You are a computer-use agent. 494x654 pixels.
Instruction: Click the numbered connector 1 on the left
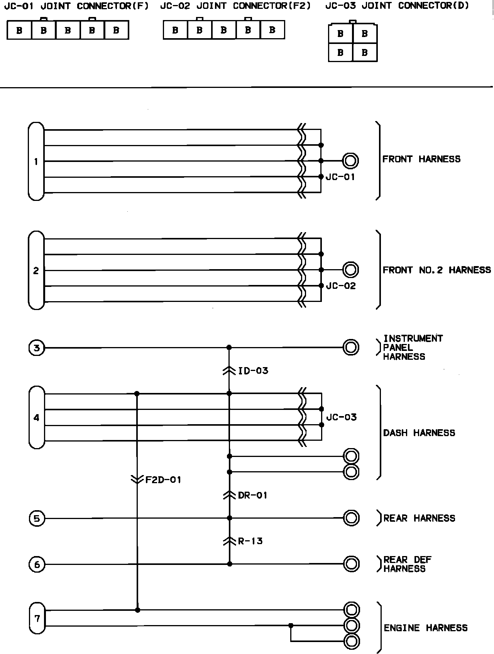click(x=36, y=161)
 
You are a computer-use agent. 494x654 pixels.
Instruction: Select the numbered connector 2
click(x=36, y=270)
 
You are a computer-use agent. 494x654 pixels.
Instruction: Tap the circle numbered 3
click(x=37, y=348)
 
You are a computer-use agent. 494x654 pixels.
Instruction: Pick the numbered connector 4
click(x=37, y=417)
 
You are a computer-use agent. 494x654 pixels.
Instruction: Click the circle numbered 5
click(x=37, y=518)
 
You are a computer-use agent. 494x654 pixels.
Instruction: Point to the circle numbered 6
click(x=37, y=565)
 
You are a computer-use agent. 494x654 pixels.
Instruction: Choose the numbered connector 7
click(x=37, y=619)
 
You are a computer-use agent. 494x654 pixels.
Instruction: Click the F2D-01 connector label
click(x=162, y=480)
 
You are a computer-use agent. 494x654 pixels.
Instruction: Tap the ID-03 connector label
click(x=253, y=371)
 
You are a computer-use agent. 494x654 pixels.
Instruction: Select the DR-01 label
click(x=252, y=495)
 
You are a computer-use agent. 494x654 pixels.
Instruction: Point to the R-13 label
click(x=250, y=541)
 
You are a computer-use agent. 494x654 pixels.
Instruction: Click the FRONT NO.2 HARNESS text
click(x=436, y=270)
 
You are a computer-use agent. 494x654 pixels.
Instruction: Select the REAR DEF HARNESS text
click(x=407, y=564)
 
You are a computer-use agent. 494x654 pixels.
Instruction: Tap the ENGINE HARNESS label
click(x=425, y=628)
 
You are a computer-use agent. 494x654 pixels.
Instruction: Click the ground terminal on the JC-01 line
click(x=350, y=161)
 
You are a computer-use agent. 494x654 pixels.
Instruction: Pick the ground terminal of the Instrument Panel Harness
click(x=350, y=347)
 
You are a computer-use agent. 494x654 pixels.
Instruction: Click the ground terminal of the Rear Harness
click(x=351, y=518)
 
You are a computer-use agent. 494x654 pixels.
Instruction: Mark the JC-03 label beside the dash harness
click(x=341, y=417)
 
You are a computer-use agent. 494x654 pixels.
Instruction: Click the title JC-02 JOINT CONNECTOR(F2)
click(x=235, y=6)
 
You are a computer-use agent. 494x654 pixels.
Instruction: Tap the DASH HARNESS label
click(x=419, y=433)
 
